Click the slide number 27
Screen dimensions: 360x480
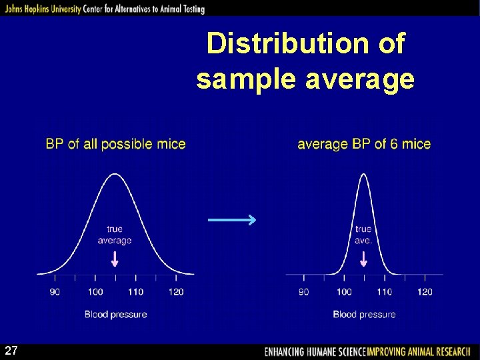[x=11, y=351]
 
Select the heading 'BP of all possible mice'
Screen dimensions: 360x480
[x=115, y=144]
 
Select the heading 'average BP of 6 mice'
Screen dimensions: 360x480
[x=364, y=144]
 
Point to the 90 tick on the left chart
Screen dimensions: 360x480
[x=55, y=291]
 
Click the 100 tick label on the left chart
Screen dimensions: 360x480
[x=95, y=291]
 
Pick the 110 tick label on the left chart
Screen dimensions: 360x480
[x=135, y=291]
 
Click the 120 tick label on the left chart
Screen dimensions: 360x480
[x=176, y=291]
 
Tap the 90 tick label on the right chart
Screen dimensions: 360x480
[x=304, y=291]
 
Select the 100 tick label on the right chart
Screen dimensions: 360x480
[x=344, y=291]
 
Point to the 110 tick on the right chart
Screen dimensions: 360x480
[x=384, y=291]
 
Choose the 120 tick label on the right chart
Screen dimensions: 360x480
[x=425, y=291]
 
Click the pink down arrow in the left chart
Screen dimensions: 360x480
[x=115, y=259]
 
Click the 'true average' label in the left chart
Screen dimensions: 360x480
[x=115, y=235]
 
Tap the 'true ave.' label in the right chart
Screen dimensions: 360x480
[x=363, y=235]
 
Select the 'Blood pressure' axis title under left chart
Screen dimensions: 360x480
[x=115, y=314]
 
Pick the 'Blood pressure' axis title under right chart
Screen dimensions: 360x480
[x=364, y=314]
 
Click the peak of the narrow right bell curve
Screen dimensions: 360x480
[x=363, y=175]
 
